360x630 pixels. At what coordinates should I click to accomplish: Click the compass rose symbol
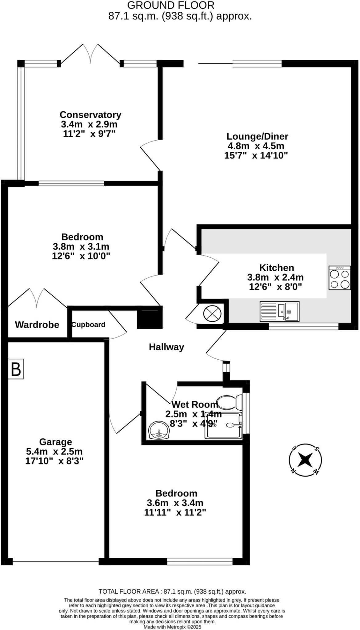coord(305,460)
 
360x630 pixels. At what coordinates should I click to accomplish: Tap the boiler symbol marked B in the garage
coord(16,369)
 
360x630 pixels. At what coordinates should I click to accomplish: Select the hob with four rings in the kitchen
coord(339,278)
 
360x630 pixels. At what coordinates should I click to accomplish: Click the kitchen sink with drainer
coord(279,311)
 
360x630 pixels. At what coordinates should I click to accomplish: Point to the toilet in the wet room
coord(230,402)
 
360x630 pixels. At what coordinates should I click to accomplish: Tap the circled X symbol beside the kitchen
coord(212,313)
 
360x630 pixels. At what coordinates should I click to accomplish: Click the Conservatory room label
coord(90,115)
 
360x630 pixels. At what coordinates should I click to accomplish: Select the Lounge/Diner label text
coord(257,136)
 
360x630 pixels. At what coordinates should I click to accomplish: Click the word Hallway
coord(166,347)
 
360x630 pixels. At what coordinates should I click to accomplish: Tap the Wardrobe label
coord(37,325)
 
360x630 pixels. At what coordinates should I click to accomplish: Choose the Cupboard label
coord(89,325)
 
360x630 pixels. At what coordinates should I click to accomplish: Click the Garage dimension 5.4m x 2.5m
coord(54,452)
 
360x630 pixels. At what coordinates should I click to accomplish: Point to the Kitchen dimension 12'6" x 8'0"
coord(275,287)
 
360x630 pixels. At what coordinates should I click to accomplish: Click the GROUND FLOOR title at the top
coord(171,5)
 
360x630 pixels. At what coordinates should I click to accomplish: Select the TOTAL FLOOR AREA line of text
coord(172,591)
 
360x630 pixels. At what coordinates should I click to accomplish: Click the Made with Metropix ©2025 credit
coord(172,627)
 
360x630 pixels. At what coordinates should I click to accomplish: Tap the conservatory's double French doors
coord(90,54)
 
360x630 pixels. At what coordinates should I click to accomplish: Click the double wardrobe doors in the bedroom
coord(37,298)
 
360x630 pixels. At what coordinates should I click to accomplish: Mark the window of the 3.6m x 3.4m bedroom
coord(200,562)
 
